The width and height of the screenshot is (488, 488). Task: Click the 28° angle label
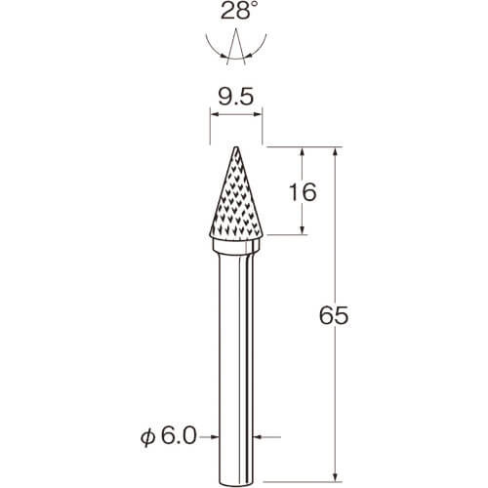237,12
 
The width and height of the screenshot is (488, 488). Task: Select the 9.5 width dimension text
236,97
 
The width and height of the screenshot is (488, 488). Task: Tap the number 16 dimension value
303,192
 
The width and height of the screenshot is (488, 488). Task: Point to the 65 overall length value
334,315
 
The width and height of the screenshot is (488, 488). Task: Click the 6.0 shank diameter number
180,436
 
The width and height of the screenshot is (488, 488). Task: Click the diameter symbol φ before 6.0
148,437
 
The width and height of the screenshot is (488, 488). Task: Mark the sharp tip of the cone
236,147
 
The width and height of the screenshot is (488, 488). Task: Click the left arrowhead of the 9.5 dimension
215,114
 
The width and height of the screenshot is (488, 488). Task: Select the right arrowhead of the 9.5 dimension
258,114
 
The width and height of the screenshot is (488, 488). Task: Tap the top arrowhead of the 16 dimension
303,151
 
